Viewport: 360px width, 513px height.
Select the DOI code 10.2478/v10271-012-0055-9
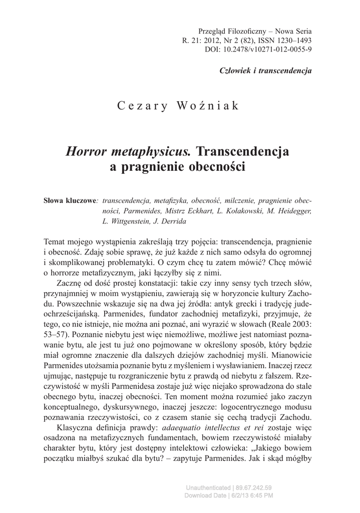(270, 50)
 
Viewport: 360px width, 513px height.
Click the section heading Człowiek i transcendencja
(265, 70)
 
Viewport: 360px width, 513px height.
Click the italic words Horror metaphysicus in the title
(129, 151)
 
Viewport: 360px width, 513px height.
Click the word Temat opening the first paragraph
(57, 239)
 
